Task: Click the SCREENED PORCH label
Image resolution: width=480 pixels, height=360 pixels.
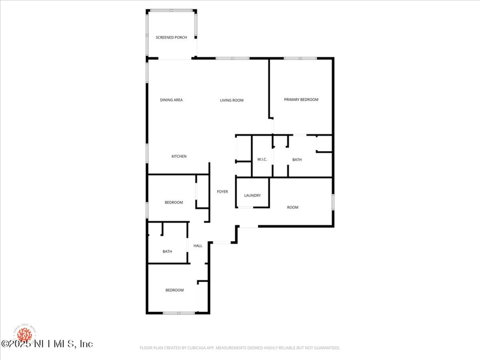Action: point(172,37)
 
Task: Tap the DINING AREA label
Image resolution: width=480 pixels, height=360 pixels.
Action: point(171,100)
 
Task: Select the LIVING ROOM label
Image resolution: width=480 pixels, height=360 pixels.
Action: point(232,100)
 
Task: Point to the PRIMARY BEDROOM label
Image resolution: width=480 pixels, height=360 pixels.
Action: point(301,100)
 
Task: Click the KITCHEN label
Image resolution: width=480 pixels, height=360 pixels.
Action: point(179,156)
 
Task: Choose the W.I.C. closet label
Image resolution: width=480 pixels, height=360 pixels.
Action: point(262,159)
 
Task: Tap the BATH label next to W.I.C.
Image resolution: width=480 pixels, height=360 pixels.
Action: point(297,159)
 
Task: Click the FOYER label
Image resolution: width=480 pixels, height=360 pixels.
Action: point(222,191)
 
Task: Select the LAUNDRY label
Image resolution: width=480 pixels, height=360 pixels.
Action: point(252,195)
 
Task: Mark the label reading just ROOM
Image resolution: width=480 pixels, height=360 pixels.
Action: point(292,207)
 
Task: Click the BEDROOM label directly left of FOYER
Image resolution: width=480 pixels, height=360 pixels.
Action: point(174,202)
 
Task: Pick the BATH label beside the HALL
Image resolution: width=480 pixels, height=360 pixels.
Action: point(167,251)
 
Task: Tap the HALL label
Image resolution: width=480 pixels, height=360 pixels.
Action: point(197,245)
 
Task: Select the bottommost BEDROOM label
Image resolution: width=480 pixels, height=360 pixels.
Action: point(175,290)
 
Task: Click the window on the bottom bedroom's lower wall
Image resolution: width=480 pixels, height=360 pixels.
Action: point(178,313)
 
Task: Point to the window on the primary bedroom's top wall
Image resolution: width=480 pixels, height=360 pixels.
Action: point(300,58)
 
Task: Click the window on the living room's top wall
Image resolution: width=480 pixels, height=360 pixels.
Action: point(232,58)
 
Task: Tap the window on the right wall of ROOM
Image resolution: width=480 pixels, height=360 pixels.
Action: point(333,202)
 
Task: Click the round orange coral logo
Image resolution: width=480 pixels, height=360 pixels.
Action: point(25,334)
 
